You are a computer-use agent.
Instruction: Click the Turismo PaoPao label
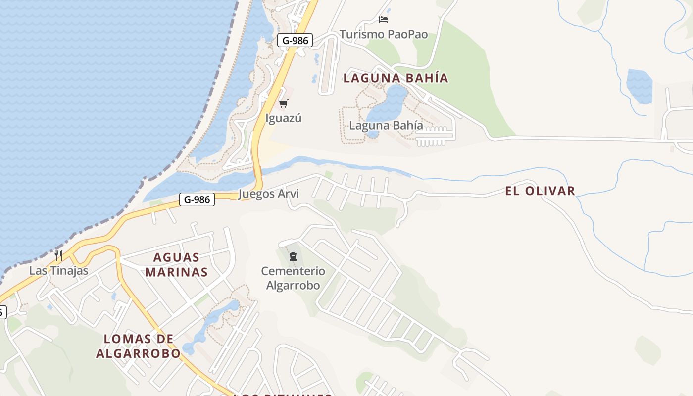(x=384, y=34)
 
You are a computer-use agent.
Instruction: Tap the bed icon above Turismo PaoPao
(x=384, y=20)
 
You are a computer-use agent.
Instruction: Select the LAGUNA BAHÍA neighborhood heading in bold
(x=396, y=78)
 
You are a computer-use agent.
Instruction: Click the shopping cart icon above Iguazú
(x=283, y=103)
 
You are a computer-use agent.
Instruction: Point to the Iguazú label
(x=283, y=118)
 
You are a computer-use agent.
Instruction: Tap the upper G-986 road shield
(x=295, y=40)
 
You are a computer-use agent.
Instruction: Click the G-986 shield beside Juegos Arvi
(x=197, y=199)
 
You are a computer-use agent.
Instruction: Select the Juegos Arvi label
(x=269, y=194)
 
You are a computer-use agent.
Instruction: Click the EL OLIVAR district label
(x=540, y=191)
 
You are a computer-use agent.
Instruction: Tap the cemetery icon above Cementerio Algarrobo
(x=293, y=256)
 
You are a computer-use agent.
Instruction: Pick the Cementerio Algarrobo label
(x=293, y=278)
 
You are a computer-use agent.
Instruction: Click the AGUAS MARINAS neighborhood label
(x=176, y=264)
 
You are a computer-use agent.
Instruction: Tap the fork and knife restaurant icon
(x=58, y=256)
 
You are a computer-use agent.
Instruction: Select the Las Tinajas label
(x=58, y=271)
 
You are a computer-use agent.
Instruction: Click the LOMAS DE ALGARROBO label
(x=138, y=346)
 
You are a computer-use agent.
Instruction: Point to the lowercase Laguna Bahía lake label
(x=386, y=125)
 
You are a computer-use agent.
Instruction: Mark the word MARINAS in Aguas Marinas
(x=176, y=272)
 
